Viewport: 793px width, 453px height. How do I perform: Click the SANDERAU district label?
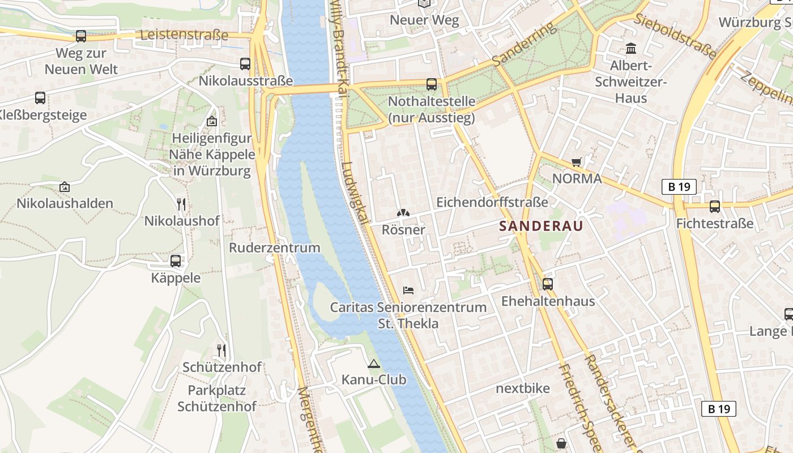(541, 226)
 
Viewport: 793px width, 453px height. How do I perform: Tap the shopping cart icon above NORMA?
(577, 163)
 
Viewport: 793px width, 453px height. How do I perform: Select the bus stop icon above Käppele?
(176, 261)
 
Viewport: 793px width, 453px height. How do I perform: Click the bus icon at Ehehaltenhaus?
(547, 284)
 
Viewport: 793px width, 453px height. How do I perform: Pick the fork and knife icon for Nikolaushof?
(181, 204)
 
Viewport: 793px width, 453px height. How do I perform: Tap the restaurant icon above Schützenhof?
(221, 351)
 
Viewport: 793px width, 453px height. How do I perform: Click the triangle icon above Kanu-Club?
(373, 364)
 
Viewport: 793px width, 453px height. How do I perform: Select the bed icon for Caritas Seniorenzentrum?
(408, 290)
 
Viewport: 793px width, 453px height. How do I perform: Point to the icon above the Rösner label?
(403, 213)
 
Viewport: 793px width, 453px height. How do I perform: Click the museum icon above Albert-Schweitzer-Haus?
(631, 49)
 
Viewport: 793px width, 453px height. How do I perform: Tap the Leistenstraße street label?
(184, 35)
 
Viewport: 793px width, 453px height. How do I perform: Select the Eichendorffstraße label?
(492, 202)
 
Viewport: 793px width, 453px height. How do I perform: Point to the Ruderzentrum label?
(274, 247)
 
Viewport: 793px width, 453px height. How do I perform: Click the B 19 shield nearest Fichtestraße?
(679, 187)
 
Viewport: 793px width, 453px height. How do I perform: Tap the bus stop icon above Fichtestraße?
(715, 207)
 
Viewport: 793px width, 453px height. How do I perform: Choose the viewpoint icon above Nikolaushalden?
(65, 187)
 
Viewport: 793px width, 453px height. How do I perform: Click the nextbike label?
(522, 388)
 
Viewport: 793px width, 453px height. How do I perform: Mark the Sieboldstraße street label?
(675, 36)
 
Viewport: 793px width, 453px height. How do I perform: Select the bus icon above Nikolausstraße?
(245, 64)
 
